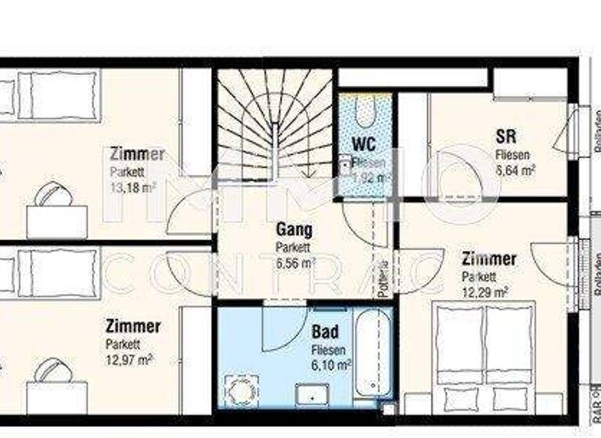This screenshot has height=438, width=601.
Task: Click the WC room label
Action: point(364,144)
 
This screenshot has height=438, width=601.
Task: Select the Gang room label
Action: point(294,230)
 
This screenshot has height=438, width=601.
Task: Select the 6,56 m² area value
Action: point(296,264)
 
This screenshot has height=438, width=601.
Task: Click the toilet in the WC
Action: point(365,110)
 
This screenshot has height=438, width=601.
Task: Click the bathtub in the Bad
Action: point(374,352)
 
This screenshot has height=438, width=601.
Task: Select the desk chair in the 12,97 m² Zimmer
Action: point(53,369)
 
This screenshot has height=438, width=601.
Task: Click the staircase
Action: point(274,125)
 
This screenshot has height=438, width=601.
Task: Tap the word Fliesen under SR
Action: point(513,155)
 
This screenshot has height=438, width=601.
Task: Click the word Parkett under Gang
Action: point(293,247)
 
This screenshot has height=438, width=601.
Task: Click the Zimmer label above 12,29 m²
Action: point(488,259)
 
